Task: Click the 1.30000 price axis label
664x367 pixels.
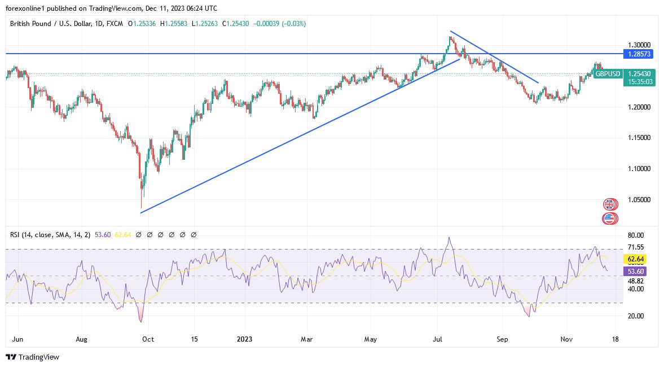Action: click(x=639, y=45)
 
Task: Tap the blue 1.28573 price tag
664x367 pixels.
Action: click(x=640, y=54)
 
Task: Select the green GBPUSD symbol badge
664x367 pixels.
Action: click(x=608, y=74)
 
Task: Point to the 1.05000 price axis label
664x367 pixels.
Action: click(x=639, y=200)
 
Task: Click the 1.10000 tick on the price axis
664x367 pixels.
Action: click(x=639, y=169)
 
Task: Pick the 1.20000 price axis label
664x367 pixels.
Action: click(x=639, y=107)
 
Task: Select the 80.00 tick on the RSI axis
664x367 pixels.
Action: click(x=635, y=235)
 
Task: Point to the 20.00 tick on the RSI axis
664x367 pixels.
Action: click(x=635, y=316)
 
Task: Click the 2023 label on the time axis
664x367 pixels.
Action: click(x=245, y=340)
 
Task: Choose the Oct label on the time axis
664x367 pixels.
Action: click(x=148, y=340)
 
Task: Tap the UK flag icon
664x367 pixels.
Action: click(x=610, y=204)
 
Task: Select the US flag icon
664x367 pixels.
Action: click(x=610, y=218)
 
